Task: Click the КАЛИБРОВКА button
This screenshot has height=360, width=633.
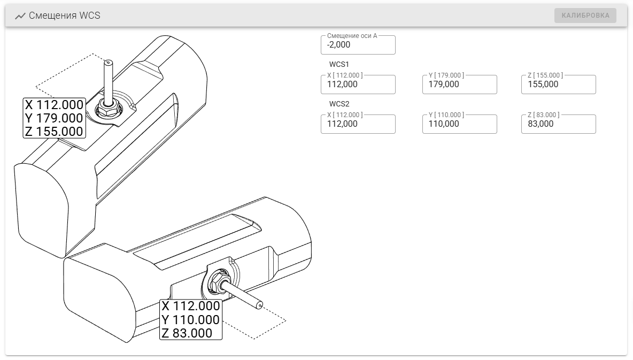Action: click(x=585, y=16)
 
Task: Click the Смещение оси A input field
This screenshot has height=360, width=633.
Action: click(x=358, y=45)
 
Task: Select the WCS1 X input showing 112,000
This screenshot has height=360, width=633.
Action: click(x=358, y=85)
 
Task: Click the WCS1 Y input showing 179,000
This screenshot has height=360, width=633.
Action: click(x=459, y=85)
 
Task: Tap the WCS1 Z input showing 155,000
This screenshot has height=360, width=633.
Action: click(x=558, y=85)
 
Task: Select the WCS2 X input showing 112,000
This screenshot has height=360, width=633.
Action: click(x=358, y=124)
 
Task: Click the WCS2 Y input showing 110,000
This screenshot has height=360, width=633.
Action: click(x=459, y=124)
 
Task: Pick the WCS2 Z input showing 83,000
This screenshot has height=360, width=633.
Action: click(x=558, y=124)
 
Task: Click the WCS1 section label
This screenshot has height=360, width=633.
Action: click(x=339, y=64)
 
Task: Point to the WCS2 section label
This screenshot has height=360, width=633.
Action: click(x=339, y=104)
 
